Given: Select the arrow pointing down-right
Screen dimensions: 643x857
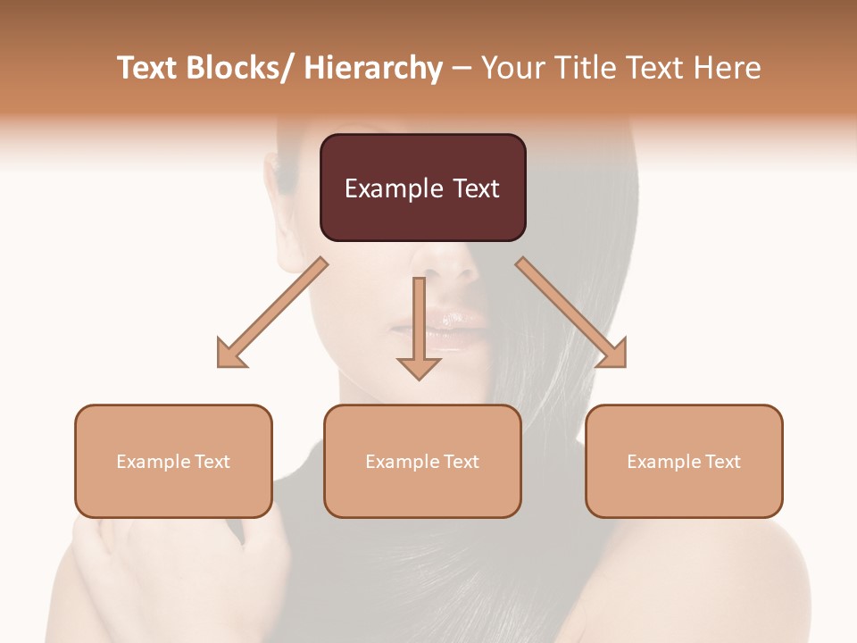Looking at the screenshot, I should pyautogui.click(x=571, y=313).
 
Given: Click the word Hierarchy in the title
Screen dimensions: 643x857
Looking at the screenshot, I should pyautogui.click(x=373, y=68).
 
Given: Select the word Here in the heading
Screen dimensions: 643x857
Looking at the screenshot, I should pyautogui.click(x=728, y=68).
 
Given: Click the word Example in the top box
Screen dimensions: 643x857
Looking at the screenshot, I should pyautogui.click(x=386, y=188).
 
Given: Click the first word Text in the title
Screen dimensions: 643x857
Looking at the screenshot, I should pyautogui.click(x=148, y=68).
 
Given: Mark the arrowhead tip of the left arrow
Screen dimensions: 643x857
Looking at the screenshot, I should pyautogui.click(x=220, y=365).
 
